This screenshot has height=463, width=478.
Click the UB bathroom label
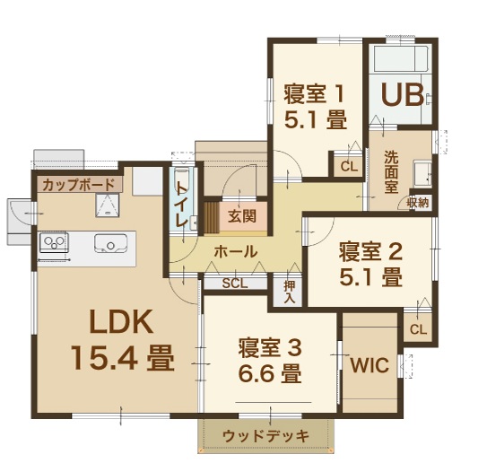403,94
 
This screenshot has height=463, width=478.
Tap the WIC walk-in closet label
369,364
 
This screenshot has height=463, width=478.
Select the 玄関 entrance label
242,216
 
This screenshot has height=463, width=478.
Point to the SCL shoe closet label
235,284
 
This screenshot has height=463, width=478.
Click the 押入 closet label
290,292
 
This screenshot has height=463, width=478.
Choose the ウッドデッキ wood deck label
265,436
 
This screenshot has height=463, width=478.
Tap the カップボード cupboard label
78,185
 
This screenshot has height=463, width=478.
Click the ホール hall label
236,252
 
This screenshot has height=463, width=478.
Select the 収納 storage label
419,203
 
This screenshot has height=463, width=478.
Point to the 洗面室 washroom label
391,171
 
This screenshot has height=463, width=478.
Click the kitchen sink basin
110,243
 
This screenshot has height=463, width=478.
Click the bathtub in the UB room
401,59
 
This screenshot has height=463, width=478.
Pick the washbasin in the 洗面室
422,174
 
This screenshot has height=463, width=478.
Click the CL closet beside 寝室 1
349,166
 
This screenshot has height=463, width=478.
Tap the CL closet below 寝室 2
418,328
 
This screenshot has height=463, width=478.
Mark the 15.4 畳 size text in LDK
123,357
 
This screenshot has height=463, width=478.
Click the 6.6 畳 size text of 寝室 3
270,373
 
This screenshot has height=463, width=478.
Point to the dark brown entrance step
212,217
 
